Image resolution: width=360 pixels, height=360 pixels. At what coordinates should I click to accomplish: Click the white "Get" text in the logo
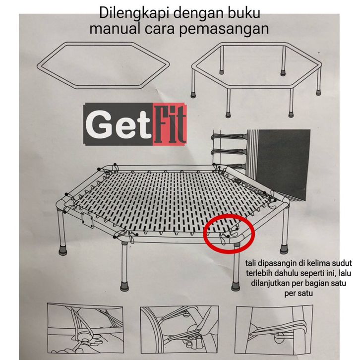118,124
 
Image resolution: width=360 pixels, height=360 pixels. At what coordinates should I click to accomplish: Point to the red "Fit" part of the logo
170,124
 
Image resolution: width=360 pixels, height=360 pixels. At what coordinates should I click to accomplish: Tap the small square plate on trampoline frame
88,219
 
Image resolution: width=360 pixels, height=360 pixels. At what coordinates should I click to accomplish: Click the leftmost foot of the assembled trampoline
62,250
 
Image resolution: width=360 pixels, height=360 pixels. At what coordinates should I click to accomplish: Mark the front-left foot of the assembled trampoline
124,286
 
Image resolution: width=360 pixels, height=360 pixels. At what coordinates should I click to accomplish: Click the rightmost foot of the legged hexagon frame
318,93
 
